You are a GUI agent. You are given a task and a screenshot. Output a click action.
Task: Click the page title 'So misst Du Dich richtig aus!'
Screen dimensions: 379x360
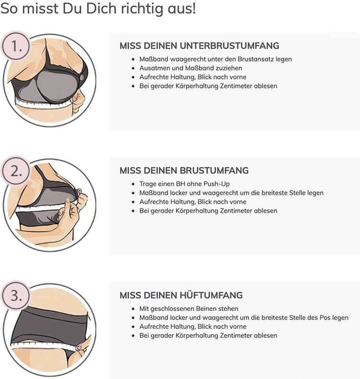pyautogui.click(x=98, y=9)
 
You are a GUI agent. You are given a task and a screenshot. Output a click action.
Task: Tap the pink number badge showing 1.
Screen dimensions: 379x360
pyautogui.click(x=17, y=47)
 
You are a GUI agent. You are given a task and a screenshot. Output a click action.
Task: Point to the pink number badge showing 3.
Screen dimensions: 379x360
pyautogui.click(x=17, y=297)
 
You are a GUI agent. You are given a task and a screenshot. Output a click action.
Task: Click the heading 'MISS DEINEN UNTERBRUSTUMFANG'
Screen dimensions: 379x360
pyautogui.click(x=199, y=46)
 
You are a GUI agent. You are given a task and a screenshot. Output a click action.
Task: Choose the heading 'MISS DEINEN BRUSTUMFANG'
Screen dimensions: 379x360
pyautogui.click(x=184, y=171)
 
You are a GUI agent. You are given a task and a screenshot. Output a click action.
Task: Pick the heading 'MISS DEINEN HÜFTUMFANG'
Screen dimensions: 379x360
pyautogui.click(x=181, y=295)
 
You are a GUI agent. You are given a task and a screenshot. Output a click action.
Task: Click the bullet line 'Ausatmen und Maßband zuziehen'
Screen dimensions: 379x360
pyautogui.click(x=191, y=68)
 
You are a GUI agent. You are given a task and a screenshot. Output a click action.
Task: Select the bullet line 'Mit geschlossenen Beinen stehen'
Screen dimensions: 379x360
pyautogui.click(x=189, y=308)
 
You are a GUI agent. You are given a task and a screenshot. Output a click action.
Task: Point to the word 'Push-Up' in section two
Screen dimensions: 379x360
pyautogui.click(x=219, y=184)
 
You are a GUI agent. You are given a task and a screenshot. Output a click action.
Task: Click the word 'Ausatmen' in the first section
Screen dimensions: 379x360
pyautogui.click(x=154, y=68)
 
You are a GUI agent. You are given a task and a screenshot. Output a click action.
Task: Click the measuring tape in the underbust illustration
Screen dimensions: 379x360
pyautogui.click(x=43, y=104)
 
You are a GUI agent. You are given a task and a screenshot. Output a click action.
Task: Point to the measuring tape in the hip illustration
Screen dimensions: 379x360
pyautogui.click(x=43, y=345)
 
